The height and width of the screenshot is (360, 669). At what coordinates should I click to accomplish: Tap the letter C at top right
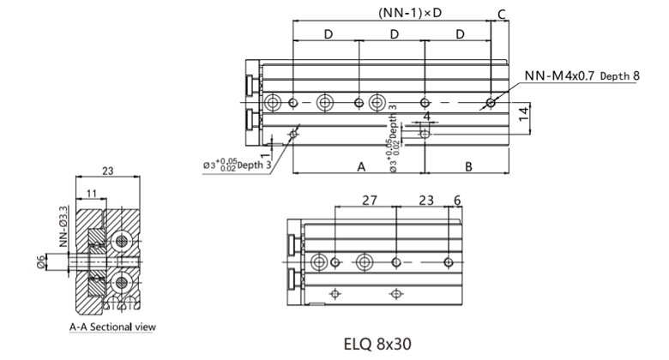[x=502, y=12]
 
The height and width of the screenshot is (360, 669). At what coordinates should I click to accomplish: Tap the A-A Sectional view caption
[x=113, y=327]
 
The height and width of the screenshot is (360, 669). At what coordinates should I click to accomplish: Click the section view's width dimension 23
[x=108, y=171]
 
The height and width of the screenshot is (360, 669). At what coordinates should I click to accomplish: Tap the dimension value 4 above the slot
[x=426, y=116]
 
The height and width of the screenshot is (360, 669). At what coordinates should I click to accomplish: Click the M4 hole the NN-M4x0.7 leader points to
[x=490, y=103]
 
